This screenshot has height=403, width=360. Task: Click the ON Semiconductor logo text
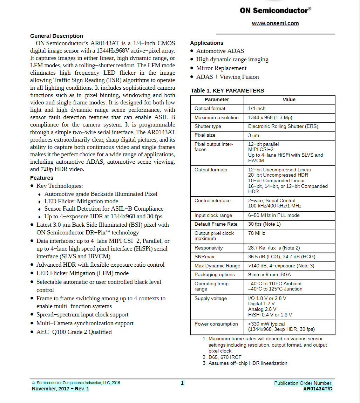275,11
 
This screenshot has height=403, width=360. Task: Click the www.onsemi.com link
275,23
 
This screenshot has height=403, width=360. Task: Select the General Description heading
56,36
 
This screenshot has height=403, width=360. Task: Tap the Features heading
42,178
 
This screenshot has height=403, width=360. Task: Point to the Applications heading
206,43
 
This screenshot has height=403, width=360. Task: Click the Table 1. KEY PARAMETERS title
227,90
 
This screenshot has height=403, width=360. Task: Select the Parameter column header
217,100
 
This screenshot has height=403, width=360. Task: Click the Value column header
289,100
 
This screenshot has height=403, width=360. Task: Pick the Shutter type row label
208,126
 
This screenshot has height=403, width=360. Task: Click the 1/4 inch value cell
257,109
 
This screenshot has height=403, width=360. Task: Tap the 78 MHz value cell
257,233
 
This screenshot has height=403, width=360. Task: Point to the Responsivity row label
209,248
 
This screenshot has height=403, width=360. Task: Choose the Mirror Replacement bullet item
221,68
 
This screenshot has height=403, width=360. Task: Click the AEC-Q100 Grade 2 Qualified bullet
74,332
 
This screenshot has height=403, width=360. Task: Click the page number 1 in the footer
182,383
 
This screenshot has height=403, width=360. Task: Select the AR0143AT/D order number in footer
318,389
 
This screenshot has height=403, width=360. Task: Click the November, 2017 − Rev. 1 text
60,389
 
